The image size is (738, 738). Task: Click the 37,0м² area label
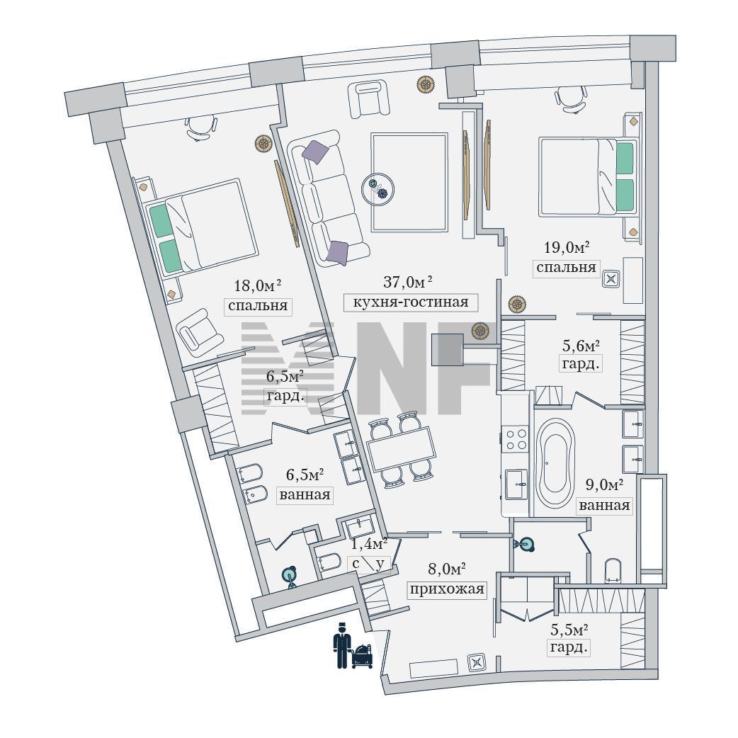407,282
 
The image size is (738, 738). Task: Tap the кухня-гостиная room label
410,302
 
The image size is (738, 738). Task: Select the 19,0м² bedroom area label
567,247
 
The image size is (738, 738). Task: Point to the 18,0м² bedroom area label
258,285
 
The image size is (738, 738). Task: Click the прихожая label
447,589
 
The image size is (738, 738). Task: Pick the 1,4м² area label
369,544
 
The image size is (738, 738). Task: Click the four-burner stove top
516,438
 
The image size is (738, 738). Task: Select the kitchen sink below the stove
516,484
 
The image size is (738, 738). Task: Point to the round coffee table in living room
377,189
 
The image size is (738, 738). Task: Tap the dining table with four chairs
401,448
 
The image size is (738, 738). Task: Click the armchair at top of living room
368,99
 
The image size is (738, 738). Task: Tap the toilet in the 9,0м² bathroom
613,570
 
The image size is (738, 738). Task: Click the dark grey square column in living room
447,350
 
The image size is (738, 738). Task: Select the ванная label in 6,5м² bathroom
305,495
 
